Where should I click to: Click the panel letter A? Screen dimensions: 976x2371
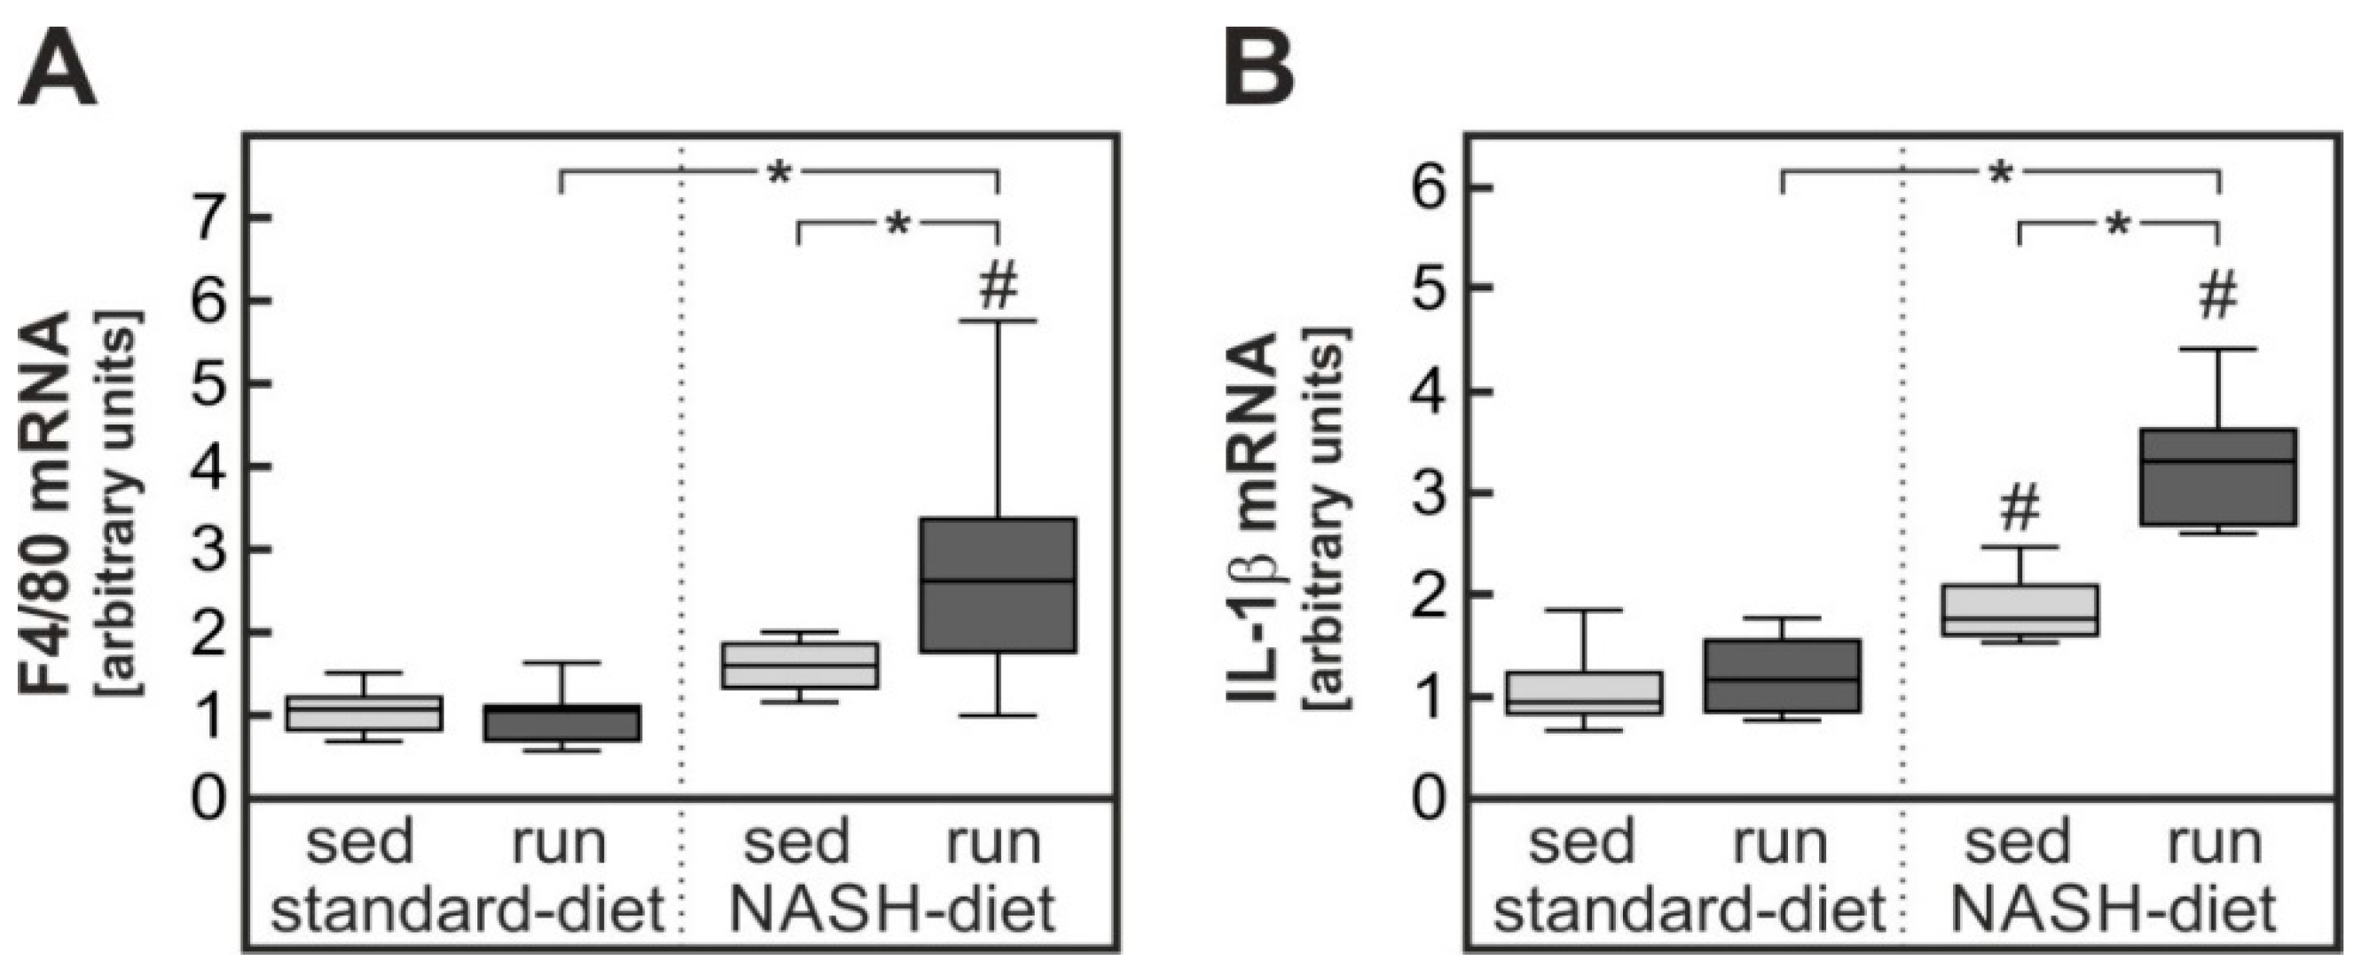pos(57,74)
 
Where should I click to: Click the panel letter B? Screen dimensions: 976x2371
pos(1259,74)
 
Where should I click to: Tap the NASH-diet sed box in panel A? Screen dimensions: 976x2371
pos(799,665)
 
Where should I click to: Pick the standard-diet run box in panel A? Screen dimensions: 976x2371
pos(563,723)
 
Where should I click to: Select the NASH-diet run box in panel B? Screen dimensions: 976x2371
pos(2217,477)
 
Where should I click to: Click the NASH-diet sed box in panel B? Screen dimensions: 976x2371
pos(2020,610)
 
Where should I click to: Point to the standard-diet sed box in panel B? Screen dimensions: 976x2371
pos(1583,693)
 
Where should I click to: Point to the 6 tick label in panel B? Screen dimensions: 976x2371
pos(1432,186)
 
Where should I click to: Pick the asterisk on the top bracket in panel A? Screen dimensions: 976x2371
pos(779,173)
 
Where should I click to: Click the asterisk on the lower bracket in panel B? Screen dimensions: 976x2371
pos(2118,225)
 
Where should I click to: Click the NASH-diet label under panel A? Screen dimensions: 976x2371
pos(892,910)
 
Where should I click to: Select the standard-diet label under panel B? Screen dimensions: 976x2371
pos(1689,910)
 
